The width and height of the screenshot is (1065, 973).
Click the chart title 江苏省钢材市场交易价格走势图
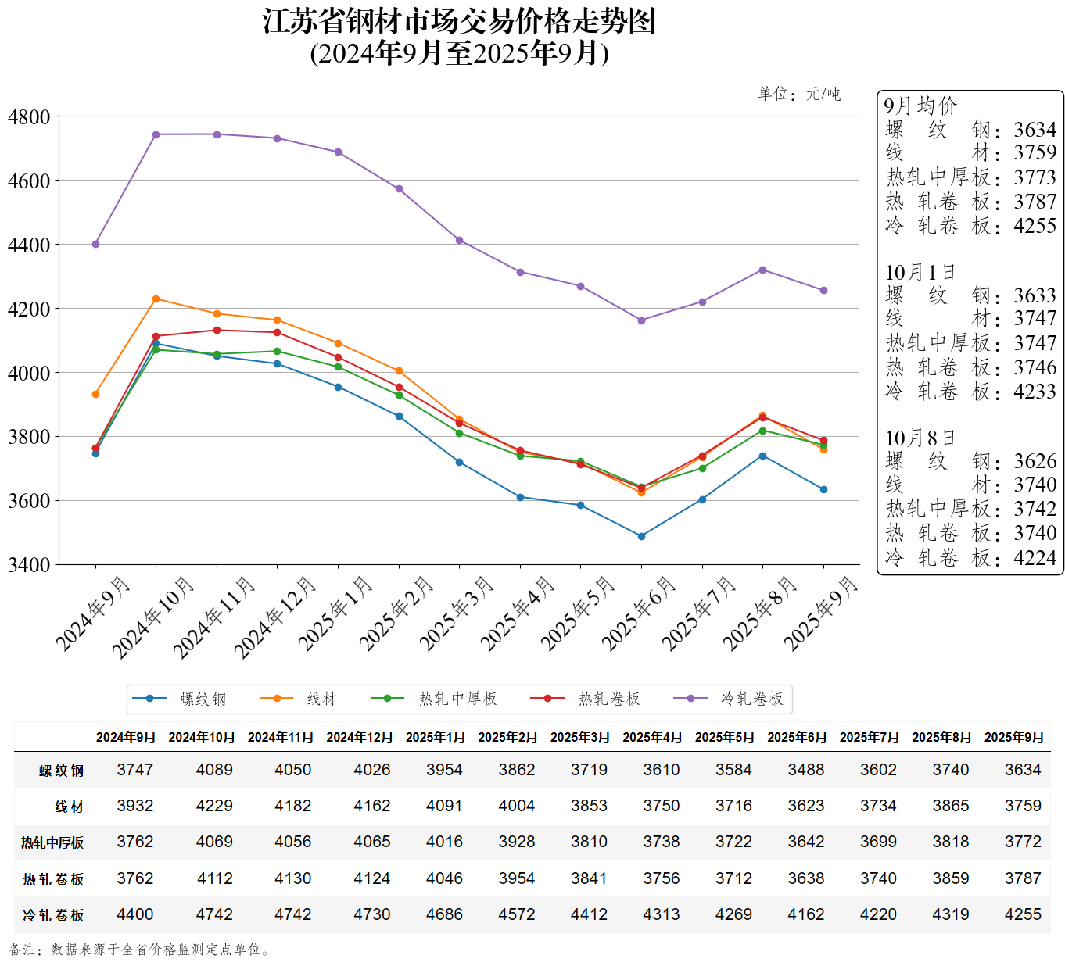[x=459, y=22]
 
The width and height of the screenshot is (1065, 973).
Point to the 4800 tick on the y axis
[x=29, y=117]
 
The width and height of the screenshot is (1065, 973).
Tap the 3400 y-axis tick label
[x=29, y=564]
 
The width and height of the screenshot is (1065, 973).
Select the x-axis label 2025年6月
[x=639, y=613]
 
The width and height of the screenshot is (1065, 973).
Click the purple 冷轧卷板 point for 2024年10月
[x=156, y=134]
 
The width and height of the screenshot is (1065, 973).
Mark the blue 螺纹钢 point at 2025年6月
[x=641, y=536]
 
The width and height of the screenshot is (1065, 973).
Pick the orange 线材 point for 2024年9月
[x=95, y=394]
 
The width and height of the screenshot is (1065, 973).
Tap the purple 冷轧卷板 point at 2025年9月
[x=823, y=290]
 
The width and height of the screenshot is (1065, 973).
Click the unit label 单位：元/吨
[x=799, y=95]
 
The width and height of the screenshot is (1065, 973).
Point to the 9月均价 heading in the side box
[x=920, y=106]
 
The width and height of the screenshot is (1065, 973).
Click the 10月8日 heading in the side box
[x=920, y=438]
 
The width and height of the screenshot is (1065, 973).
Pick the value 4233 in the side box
[x=1035, y=391]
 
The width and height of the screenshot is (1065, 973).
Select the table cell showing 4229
[x=214, y=806]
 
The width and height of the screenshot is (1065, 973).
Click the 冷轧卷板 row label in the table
[x=53, y=915]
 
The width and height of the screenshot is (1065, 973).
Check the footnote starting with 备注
[x=141, y=950]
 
